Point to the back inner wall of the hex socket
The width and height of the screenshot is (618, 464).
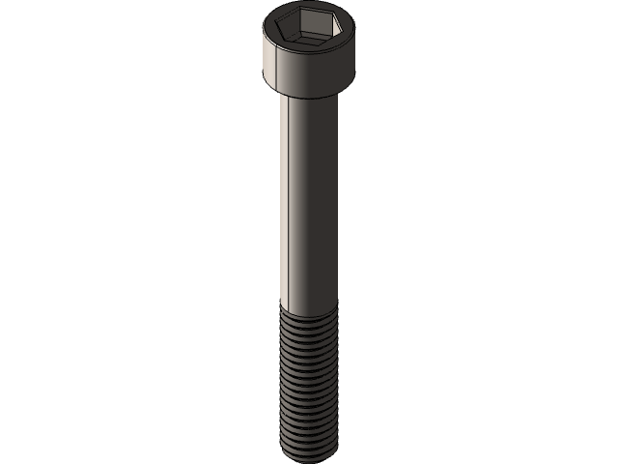point(308,22)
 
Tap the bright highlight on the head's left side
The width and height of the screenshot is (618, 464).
point(269,63)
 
